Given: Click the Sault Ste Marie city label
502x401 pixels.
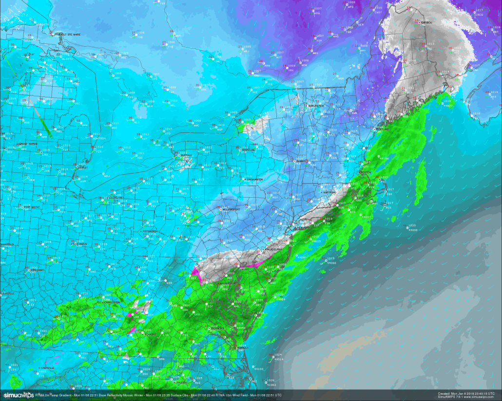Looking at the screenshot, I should pyautogui.click(x=68, y=35).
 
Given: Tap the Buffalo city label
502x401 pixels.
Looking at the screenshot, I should pyautogui.click(x=187, y=155).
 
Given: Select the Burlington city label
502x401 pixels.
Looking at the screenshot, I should pyautogui.click(x=316, y=106).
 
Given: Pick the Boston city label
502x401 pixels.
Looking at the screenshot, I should pyautogui.click(x=367, y=173).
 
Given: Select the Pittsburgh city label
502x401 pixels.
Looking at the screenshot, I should pyautogui.click(x=150, y=231).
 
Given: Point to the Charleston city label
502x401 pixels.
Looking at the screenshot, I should pyautogui.click(x=112, y=302).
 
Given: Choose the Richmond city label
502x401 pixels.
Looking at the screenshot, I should pyautogui.click(x=217, y=328).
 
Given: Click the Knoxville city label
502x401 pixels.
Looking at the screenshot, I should pyautogui.click(x=47, y=368).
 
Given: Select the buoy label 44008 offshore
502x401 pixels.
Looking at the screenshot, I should pyautogui.click(x=413, y=230).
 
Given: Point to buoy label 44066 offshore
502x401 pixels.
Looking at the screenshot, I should pyautogui.click(x=331, y=263).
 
